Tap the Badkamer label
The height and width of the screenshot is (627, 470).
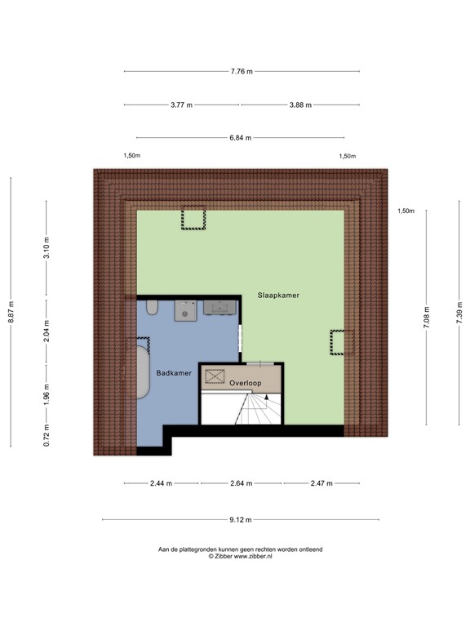click(x=175, y=372)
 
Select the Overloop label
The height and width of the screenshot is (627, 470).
click(x=246, y=382)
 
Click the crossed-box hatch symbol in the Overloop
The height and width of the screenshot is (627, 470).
click(x=215, y=376)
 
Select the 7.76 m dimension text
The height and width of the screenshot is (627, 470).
click(x=242, y=72)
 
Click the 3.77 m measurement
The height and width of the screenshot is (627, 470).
click(x=181, y=105)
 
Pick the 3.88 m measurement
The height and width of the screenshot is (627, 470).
click(x=299, y=105)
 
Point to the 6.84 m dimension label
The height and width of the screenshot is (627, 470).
click(x=240, y=138)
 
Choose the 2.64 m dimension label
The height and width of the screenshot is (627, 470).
click(x=242, y=483)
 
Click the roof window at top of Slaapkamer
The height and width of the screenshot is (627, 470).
click(x=193, y=219)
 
